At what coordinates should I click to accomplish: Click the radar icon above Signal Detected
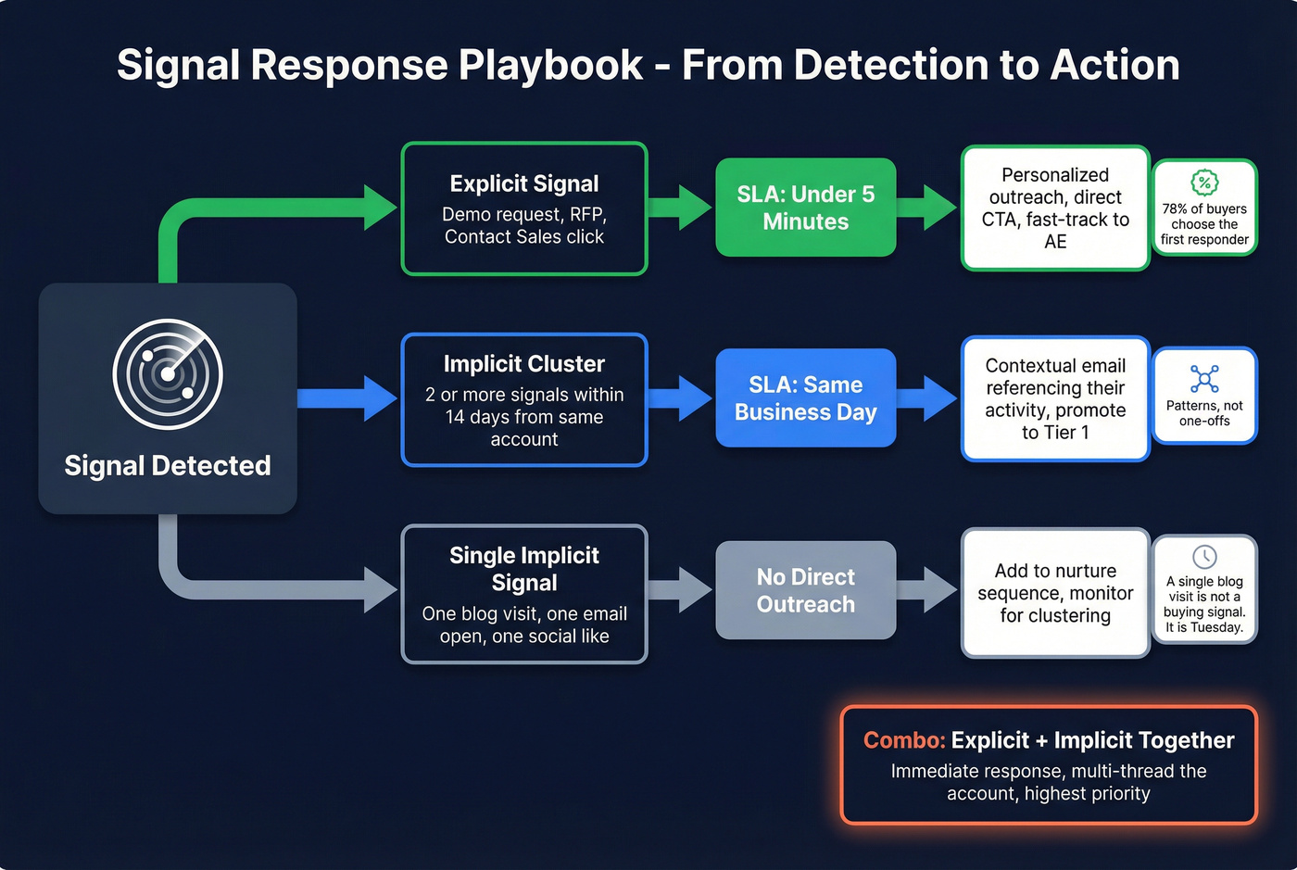coord(168,374)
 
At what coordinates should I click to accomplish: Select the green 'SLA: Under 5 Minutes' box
coord(805,208)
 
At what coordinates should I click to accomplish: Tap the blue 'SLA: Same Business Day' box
coord(805,398)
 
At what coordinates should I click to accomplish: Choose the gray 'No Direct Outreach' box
coord(805,590)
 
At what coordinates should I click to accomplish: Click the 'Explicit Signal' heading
coord(524,183)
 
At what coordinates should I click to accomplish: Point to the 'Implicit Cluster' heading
coord(524,364)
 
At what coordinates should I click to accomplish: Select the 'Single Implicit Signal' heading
coord(524,569)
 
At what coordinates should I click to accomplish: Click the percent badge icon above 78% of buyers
coord(1204,183)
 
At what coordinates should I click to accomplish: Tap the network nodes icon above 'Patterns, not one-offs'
coord(1204,379)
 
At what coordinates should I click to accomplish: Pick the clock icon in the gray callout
coord(1204,557)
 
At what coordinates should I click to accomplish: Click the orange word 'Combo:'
coord(904,740)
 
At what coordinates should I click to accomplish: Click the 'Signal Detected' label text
coord(168,465)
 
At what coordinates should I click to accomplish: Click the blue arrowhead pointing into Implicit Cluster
coord(380,398)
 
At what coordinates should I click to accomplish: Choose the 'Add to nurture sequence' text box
coord(1055,593)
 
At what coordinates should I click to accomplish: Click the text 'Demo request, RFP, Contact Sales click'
coord(524,226)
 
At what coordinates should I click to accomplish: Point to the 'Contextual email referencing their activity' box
coord(1055,398)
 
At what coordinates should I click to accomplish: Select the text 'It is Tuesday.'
coord(1204,627)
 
